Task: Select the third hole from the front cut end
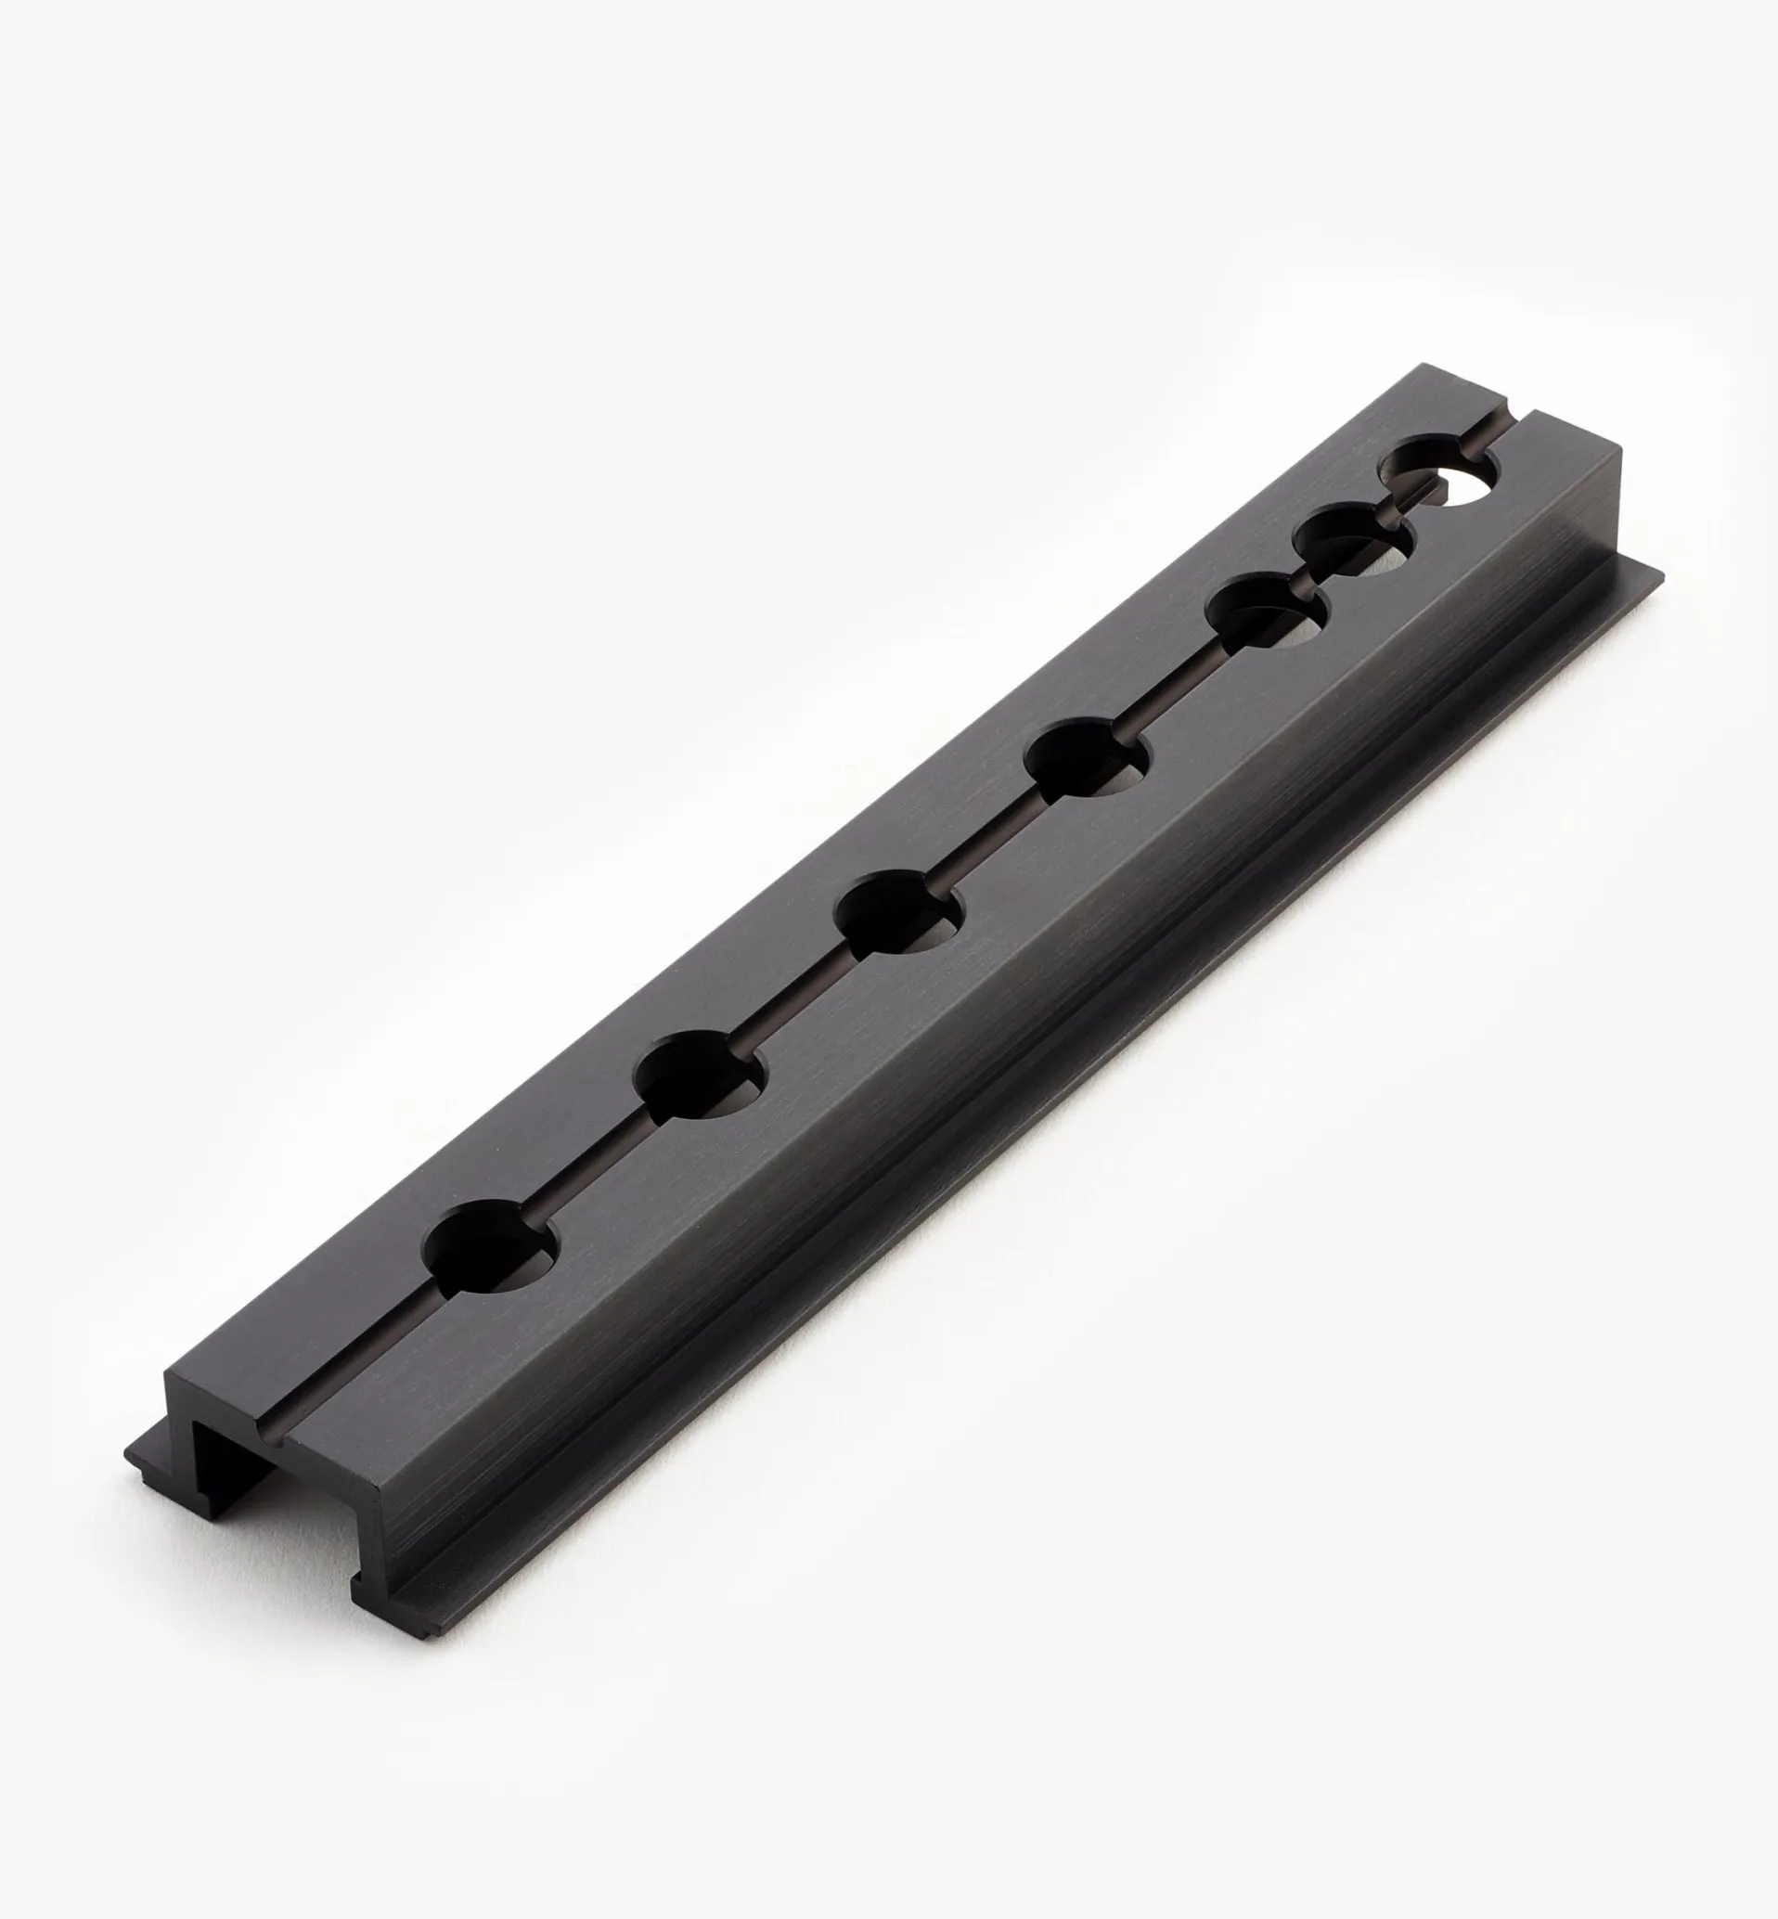tap(899, 911)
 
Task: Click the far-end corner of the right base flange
tap(1656, 574)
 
